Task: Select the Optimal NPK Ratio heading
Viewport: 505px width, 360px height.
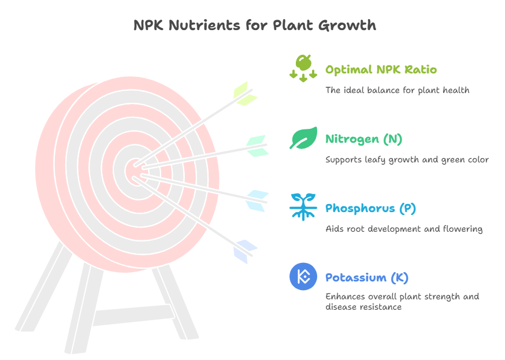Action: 381,69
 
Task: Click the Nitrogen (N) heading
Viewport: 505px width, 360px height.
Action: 363,139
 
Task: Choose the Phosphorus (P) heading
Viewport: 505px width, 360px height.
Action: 370,209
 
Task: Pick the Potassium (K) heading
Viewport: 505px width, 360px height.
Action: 367,277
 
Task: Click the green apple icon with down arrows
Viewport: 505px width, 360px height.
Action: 303,68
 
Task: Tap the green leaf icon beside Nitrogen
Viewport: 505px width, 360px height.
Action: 303,138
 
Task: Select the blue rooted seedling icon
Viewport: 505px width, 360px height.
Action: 303,207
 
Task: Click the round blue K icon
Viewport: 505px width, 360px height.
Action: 303,276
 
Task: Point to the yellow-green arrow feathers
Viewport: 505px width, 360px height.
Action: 246,94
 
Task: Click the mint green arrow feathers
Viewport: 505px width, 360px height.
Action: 257,146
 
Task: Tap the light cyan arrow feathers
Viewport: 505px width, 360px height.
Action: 257,201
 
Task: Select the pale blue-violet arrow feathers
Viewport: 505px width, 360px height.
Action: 246,252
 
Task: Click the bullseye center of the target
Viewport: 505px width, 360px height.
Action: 135,171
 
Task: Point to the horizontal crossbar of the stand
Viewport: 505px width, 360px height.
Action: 133,315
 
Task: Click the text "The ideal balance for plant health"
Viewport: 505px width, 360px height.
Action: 397,90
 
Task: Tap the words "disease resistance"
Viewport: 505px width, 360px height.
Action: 363,307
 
